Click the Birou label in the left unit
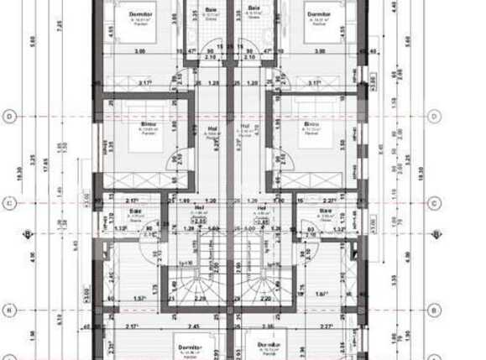point(148,123)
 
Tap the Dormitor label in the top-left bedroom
point(140,13)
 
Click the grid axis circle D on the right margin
point(433,116)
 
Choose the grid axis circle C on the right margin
point(433,202)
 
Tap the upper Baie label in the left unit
point(210,9)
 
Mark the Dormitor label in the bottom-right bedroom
point(269,344)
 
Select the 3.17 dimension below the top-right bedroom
point(314,82)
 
